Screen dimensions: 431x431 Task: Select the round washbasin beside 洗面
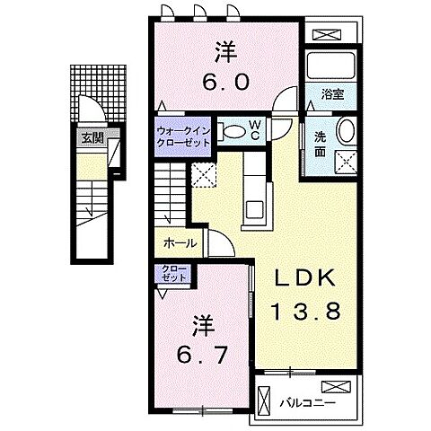click(347, 132)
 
